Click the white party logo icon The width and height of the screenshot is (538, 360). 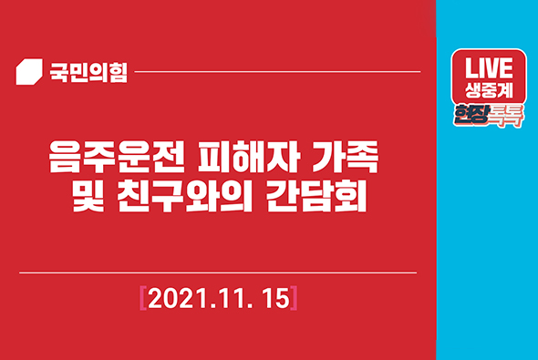[x=30, y=70]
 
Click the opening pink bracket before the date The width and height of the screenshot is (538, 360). [x=142, y=298]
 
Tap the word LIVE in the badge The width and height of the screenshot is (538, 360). [x=489, y=68]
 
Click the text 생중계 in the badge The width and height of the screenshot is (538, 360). [x=489, y=92]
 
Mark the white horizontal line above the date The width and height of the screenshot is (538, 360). [x=217, y=272]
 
